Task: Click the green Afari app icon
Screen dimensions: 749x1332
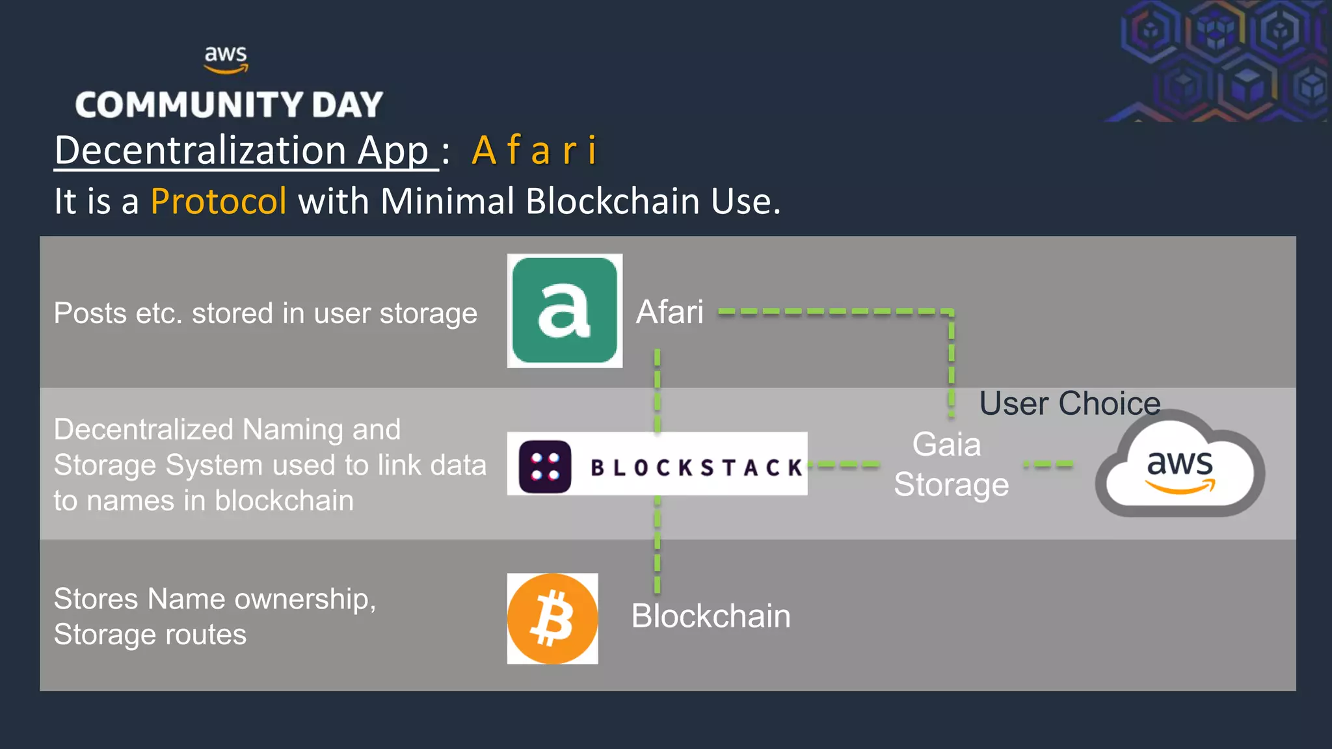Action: click(x=565, y=311)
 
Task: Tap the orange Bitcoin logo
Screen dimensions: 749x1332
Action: click(x=552, y=618)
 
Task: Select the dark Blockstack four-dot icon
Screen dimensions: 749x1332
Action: click(x=545, y=467)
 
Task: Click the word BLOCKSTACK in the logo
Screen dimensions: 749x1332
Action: click(x=696, y=467)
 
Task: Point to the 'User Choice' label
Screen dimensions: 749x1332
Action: click(x=1069, y=403)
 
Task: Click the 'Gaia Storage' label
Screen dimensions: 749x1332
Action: click(x=950, y=464)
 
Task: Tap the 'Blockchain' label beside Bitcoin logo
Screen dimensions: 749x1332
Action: click(x=710, y=616)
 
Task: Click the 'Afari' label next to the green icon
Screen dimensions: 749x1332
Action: click(x=669, y=311)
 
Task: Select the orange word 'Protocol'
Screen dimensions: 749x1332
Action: click(x=219, y=201)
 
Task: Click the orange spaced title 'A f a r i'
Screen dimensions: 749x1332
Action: click(x=534, y=150)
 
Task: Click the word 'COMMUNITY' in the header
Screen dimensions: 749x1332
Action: click(x=189, y=105)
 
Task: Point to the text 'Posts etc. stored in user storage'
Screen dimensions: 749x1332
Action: click(x=265, y=313)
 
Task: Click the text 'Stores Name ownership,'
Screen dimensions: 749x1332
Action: click(x=215, y=599)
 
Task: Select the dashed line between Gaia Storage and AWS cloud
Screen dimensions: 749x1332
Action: click(x=1048, y=464)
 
